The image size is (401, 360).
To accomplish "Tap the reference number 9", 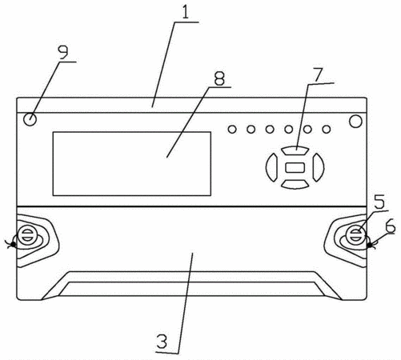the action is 63,52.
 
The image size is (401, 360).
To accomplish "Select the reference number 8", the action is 219,78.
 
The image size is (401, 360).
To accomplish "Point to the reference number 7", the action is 318,74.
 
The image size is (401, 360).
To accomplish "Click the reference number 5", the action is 379,202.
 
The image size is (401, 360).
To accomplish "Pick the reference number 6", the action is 391,226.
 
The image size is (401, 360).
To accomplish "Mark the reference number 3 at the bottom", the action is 162,341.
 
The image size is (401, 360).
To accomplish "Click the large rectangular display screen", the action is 132,164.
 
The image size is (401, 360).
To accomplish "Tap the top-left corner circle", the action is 30,119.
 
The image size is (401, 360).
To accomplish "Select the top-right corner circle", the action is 355,121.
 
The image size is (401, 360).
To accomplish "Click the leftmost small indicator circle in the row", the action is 232,130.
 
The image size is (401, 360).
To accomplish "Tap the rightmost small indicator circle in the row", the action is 327,130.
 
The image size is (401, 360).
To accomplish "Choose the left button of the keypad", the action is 271,167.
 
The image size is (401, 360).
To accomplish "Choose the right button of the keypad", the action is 319,167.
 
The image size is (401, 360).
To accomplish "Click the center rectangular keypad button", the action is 295,167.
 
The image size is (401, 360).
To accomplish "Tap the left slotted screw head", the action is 26,234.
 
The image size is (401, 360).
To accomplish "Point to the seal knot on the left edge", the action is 13,244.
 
